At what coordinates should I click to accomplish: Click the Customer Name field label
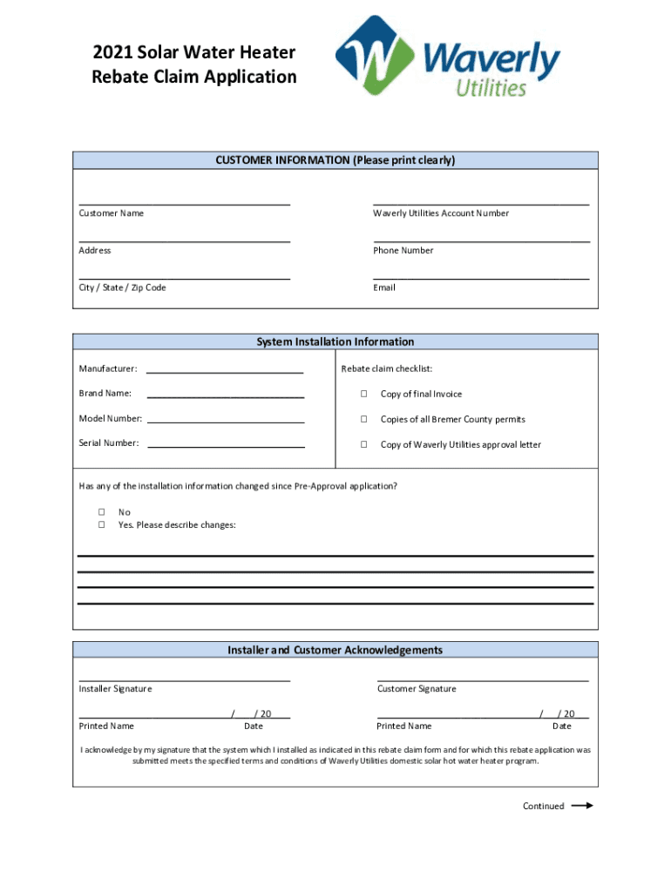(112, 213)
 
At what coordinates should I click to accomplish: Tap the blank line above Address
(184, 240)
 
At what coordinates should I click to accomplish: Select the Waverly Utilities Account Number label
(441, 213)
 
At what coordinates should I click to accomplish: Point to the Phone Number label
(403, 251)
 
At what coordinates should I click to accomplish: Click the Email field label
(384, 287)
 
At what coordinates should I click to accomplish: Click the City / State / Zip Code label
(122, 287)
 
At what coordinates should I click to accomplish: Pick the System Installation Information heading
(335, 341)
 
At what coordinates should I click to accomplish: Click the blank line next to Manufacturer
(226, 372)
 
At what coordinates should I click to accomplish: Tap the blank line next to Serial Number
(226, 446)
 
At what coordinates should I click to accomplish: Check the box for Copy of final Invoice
(363, 395)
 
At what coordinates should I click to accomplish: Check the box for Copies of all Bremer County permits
(363, 420)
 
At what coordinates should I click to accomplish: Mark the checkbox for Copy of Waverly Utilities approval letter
(363, 445)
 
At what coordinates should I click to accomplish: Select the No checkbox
(101, 512)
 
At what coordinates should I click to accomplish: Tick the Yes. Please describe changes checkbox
(101, 525)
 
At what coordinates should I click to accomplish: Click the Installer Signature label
(115, 689)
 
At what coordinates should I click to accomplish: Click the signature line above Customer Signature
(483, 679)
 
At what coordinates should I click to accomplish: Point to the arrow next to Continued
(582, 806)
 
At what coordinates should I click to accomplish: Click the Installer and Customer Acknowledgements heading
(335, 650)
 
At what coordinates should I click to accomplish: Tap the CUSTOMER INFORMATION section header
(335, 160)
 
